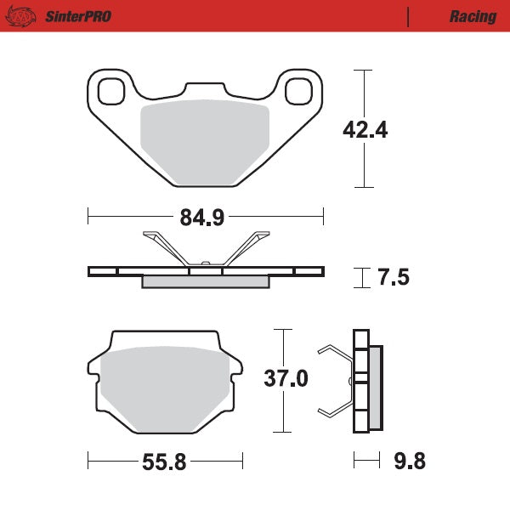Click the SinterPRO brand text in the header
point(76,16)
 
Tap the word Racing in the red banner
point(473,16)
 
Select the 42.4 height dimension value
point(365,130)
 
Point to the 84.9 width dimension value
point(202,218)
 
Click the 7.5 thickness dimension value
point(393,277)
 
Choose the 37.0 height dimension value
point(286,378)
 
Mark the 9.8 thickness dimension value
point(408,462)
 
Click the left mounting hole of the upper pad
point(111,88)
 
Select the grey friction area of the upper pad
point(204,140)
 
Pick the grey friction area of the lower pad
point(166,387)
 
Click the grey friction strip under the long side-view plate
point(205,282)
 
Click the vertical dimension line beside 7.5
point(365,277)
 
